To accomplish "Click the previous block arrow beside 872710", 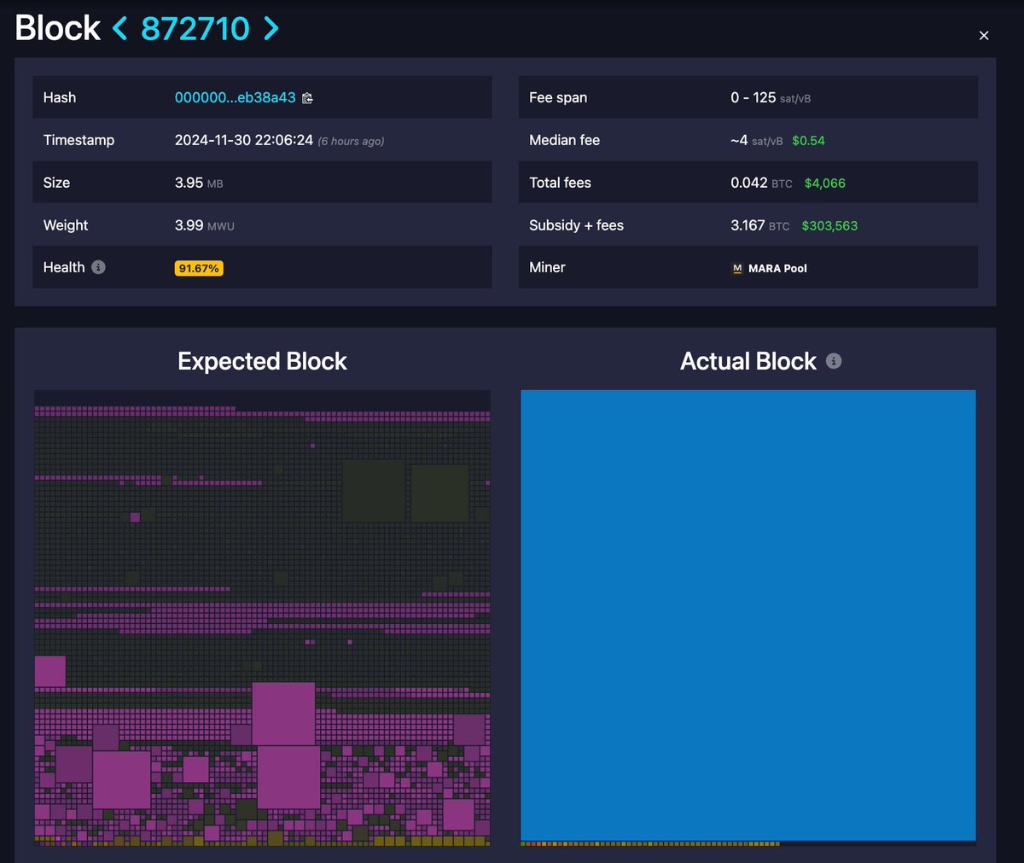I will click(120, 28).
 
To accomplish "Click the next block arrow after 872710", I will click(271, 28).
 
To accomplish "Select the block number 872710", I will click(195, 28).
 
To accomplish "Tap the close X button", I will click(984, 35).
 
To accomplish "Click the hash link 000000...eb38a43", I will click(235, 97).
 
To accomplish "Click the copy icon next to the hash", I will click(307, 98).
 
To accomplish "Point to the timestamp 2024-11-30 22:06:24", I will click(244, 140).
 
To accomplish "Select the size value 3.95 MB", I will click(199, 183).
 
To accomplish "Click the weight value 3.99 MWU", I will click(204, 225).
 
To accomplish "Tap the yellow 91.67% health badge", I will click(199, 268).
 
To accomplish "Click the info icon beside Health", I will click(98, 267).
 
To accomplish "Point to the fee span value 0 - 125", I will click(753, 97).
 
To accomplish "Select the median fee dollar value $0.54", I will click(808, 141).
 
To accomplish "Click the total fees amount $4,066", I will click(824, 183).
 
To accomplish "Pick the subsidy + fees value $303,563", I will click(829, 225).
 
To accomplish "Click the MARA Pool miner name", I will click(777, 268).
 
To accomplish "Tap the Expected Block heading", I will click(262, 361).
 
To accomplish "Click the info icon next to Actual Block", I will click(834, 361).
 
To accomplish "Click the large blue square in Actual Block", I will click(748, 615).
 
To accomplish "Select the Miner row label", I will click(547, 267).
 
